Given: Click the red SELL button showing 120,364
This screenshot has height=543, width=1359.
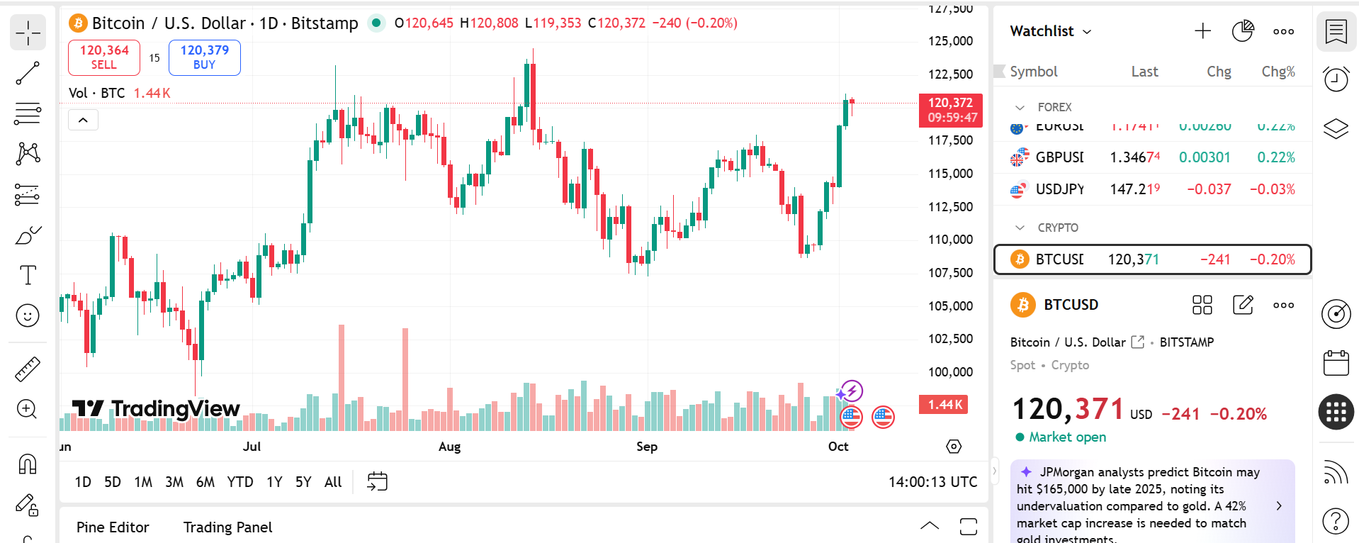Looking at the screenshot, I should pos(104,57).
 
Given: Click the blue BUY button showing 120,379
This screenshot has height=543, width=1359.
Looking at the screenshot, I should pos(204,57).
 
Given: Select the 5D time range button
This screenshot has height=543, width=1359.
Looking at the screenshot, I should pos(113,482).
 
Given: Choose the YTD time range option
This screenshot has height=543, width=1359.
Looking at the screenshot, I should pos(239,482).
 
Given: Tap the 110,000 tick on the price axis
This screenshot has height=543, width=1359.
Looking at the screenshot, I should pos(950,240).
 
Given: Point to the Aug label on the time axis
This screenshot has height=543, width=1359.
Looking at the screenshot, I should pos(449,447).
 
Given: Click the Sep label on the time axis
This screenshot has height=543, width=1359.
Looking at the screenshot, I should pos(646,447).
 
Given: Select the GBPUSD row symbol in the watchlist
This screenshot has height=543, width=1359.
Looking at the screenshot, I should pos(1059,157).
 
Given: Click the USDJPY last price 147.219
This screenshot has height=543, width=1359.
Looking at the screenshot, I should pos(1134,189).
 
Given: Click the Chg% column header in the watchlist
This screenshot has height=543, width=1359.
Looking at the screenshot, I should pos(1278,72).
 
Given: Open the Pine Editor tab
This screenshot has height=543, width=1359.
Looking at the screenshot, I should pos(113,527).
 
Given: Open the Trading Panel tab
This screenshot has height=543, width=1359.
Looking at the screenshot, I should pos(227,527).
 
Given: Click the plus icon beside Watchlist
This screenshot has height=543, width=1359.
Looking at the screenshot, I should pos(1202,31).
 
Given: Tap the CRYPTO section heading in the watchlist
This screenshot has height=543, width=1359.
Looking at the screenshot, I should pos(1057,228).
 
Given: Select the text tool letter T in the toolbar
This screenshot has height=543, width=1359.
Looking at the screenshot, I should pos(28,275).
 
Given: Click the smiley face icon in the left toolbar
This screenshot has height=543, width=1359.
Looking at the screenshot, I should pos(28,315).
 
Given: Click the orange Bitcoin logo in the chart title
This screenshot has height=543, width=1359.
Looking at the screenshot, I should pos(78,23).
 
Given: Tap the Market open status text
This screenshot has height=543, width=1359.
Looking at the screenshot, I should pos(1067,437).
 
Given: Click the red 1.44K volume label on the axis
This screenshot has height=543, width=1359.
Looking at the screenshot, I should pos(944,405).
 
